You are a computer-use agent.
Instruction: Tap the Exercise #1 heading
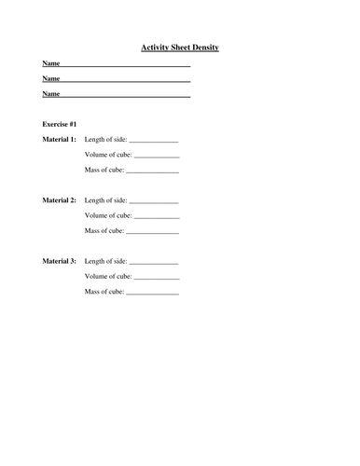coord(60,123)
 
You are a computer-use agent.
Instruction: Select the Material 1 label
coord(60,139)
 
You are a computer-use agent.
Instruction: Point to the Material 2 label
coord(60,200)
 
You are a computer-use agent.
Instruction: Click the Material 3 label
coord(60,262)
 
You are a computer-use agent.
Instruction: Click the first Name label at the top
coord(51,63)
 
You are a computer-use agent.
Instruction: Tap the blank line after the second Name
coord(126,81)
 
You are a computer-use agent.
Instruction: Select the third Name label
coord(51,94)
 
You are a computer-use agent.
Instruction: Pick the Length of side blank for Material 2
coord(154,202)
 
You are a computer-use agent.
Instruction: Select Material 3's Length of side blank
coord(154,264)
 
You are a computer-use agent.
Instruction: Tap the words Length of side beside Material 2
coord(105,200)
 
